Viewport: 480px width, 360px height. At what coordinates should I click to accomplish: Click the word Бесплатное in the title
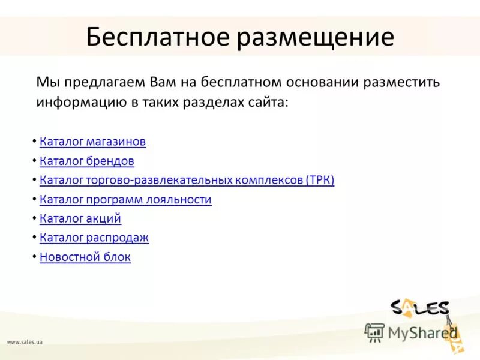158,37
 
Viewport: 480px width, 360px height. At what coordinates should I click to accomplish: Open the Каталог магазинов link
92,142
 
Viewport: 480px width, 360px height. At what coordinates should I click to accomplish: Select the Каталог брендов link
86,161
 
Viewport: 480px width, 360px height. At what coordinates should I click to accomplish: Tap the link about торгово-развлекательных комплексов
187,181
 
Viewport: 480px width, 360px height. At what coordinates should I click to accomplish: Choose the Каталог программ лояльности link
125,200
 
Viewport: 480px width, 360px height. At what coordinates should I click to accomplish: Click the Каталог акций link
80,219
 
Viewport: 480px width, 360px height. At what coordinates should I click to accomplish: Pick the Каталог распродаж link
94,238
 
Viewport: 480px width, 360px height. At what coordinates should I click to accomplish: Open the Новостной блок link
85,257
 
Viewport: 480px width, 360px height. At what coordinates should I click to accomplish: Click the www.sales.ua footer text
25,342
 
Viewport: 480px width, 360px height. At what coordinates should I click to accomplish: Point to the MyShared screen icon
375,332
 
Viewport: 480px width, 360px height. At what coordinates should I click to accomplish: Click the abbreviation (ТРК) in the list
320,181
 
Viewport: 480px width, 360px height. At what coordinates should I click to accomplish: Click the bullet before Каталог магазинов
34,142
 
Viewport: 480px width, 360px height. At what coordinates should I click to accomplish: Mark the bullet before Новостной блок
34,257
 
